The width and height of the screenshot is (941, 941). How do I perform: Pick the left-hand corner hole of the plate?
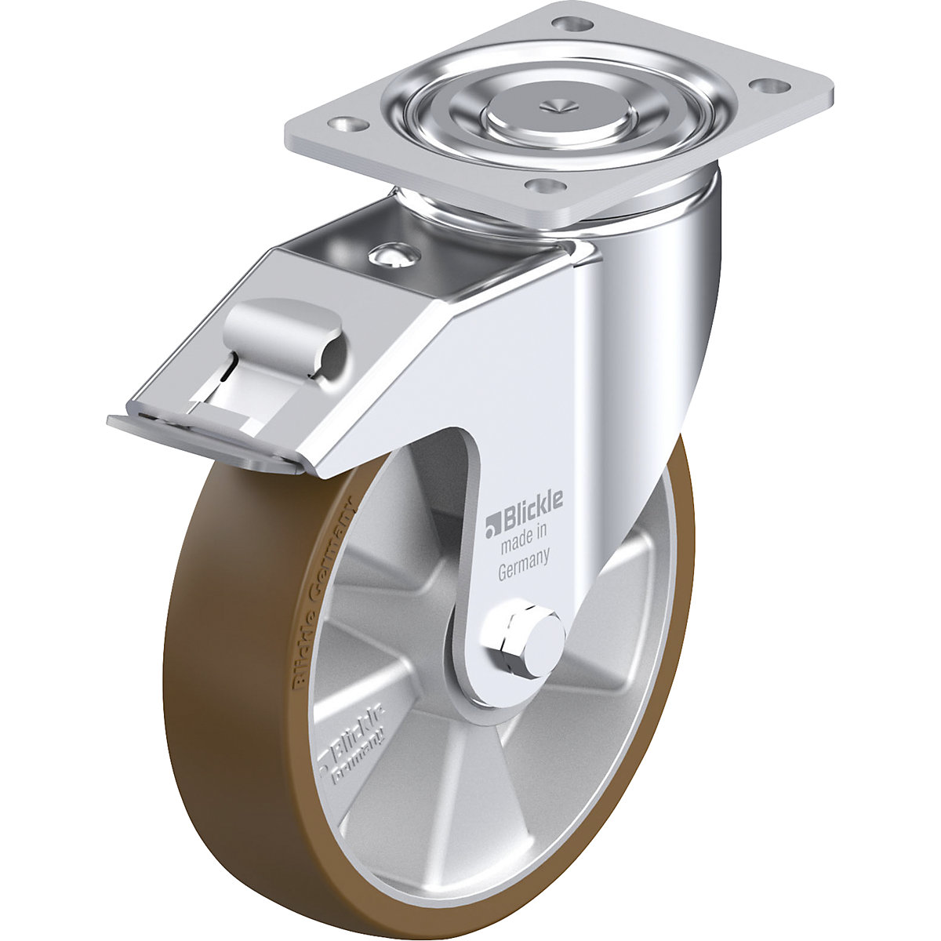pyautogui.click(x=345, y=124)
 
